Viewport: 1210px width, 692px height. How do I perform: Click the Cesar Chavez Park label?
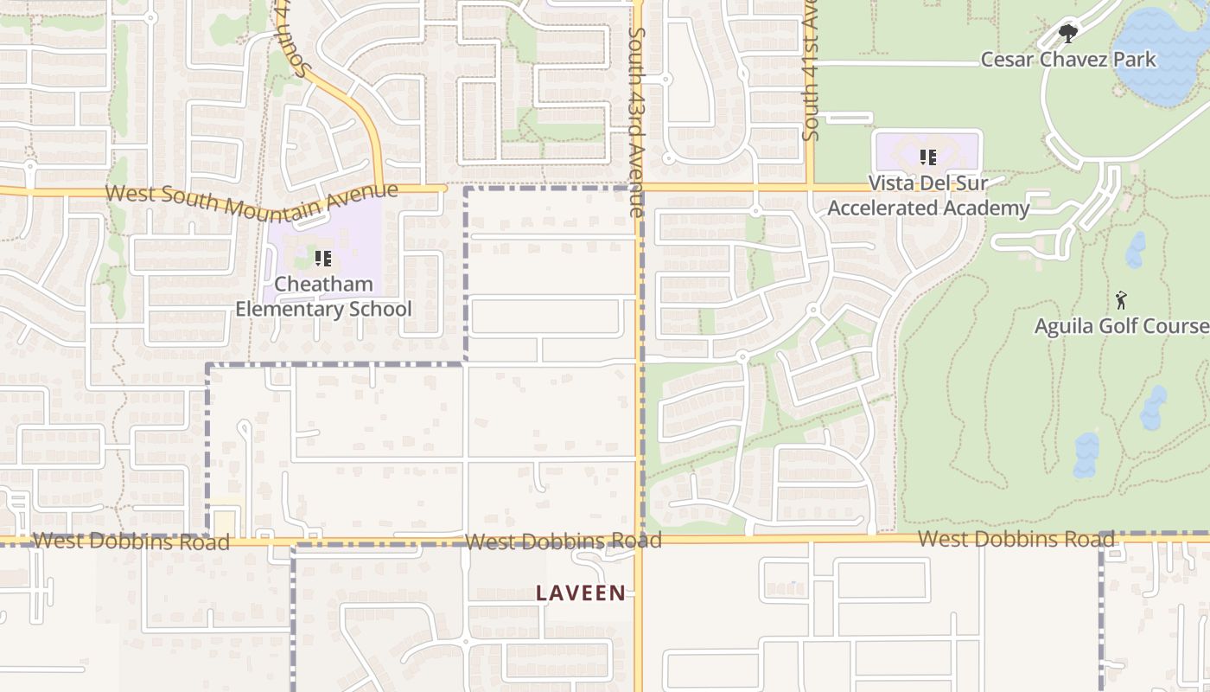point(1067,60)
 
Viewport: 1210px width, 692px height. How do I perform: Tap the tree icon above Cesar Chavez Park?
point(1068,34)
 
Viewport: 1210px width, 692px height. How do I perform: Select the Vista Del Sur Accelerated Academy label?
point(928,195)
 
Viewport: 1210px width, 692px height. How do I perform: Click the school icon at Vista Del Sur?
point(927,157)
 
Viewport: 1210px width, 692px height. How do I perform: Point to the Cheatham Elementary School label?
point(323,297)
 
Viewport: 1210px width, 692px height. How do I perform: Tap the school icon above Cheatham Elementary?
point(323,258)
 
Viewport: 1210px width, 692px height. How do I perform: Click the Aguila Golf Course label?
point(1122,326)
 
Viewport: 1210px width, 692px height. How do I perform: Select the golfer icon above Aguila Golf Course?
point(1121,300)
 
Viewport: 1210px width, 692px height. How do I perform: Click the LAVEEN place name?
point(581,593)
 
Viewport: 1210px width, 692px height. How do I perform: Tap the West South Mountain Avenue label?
point(252,200)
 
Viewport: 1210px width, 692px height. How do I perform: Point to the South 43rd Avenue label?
point(637,121)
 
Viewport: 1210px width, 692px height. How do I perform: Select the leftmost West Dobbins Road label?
point(131,541)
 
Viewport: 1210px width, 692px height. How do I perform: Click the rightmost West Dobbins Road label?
point(1016,539)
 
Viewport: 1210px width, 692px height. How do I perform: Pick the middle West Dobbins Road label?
point(563,541)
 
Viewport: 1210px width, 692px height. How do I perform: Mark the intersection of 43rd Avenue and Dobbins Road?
point(639,540)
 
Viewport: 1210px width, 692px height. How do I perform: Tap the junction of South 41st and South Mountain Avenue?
point(810,187)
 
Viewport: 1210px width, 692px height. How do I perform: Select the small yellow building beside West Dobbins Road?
point(225,522)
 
